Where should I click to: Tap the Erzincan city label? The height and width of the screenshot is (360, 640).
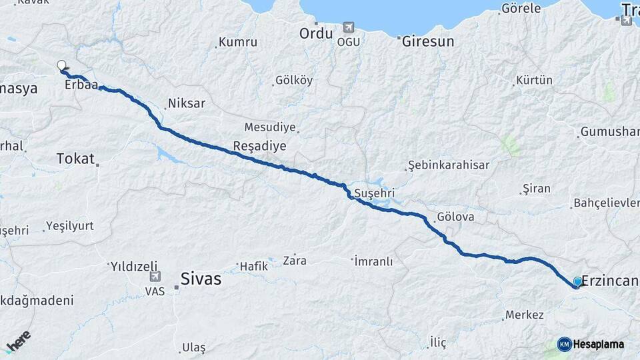pos(610,281)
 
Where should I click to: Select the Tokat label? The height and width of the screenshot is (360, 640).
pos(75,158)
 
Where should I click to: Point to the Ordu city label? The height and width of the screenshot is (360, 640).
pos(315,33)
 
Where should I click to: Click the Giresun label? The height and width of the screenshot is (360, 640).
pos(428,41)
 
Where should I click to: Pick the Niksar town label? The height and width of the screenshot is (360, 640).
pos(187,103)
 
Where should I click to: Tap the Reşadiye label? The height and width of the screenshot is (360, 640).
pos(259,146)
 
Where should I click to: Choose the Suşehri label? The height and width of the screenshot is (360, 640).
pos(375,192)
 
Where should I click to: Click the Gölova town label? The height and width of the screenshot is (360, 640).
pos(455,217)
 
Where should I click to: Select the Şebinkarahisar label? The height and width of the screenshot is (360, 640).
pos(449,165)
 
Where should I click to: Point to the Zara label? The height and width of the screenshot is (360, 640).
pos(295,259)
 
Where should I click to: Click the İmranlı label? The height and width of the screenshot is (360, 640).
pos(373,261)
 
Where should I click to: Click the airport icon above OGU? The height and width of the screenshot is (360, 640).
pos(348,27)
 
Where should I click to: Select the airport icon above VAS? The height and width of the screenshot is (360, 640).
pos(155,277)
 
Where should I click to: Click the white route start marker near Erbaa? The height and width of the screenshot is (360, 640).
pos(61,65)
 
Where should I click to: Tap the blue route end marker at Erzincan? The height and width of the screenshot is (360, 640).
pos(577,282)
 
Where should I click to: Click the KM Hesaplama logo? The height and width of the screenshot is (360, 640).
pos(591,344)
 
